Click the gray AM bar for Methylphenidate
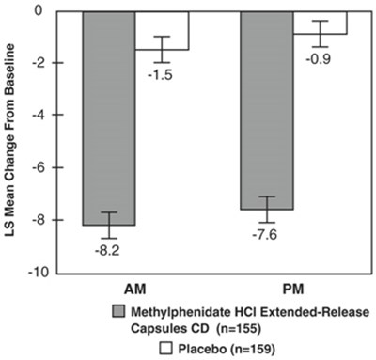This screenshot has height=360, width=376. [x=108, y=113]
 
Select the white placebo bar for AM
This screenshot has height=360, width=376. [x=162, y=28]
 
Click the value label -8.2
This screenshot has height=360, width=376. [x=108, y=250]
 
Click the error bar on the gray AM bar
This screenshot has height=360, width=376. [x=108, y=225]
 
